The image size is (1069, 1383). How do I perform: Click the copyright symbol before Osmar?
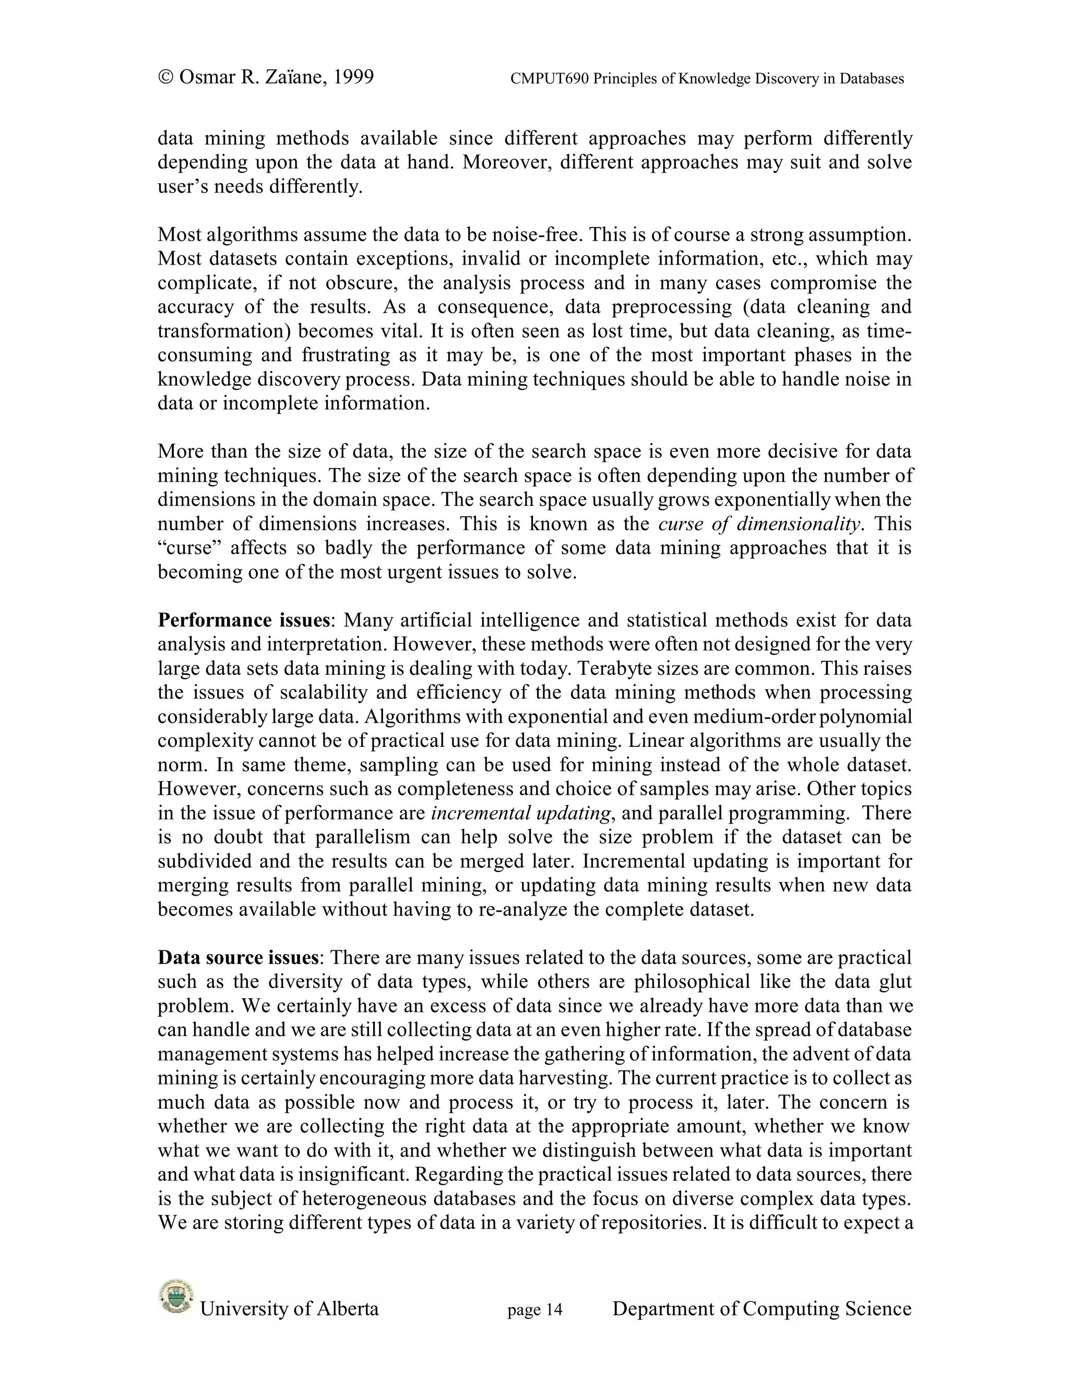click(165, 77)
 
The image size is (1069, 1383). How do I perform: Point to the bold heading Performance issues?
click(243, 620)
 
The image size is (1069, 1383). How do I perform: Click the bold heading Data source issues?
click(237, 958)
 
